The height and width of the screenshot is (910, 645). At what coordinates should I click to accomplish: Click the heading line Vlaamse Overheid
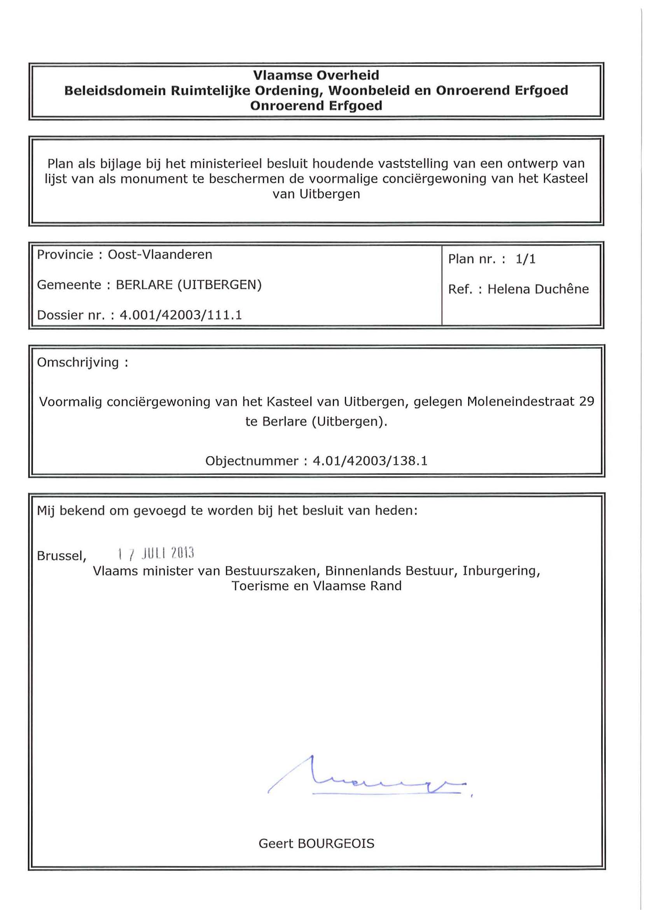pos(316,75)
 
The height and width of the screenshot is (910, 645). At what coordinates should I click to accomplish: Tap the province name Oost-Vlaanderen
pos(160,255)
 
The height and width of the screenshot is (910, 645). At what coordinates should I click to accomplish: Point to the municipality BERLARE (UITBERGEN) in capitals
pos(189,285)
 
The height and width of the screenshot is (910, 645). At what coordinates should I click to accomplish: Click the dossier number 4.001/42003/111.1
pos(181,315)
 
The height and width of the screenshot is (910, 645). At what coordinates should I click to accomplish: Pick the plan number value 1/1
pos(526,259)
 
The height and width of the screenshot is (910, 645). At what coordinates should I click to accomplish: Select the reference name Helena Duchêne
pos(538,289)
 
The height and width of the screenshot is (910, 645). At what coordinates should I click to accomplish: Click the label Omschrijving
pos(78,363)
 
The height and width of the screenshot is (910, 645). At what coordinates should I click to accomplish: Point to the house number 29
pos(587,402)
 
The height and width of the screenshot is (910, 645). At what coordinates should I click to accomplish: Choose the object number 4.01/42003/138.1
pos(370,461)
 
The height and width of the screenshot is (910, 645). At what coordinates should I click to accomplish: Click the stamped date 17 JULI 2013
pos(156,553)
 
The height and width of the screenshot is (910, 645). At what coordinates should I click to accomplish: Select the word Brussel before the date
pos(61,556)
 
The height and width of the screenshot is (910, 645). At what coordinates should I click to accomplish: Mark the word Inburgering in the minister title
pos(501,571)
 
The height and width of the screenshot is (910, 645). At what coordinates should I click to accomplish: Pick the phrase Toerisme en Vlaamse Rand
pos(316,586)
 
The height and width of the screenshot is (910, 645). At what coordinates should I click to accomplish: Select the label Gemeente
pos(69,285)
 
